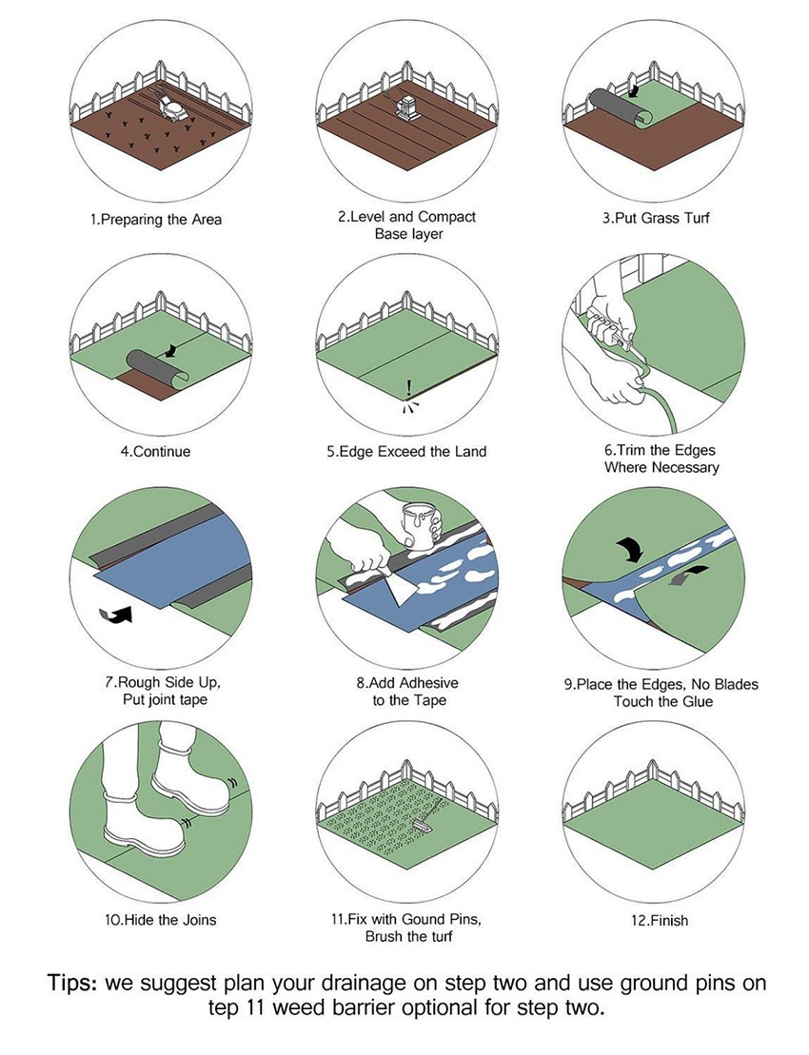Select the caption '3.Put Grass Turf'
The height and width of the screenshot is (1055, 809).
coord(656,218)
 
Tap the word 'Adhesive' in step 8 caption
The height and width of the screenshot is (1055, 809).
coord(428,683)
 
